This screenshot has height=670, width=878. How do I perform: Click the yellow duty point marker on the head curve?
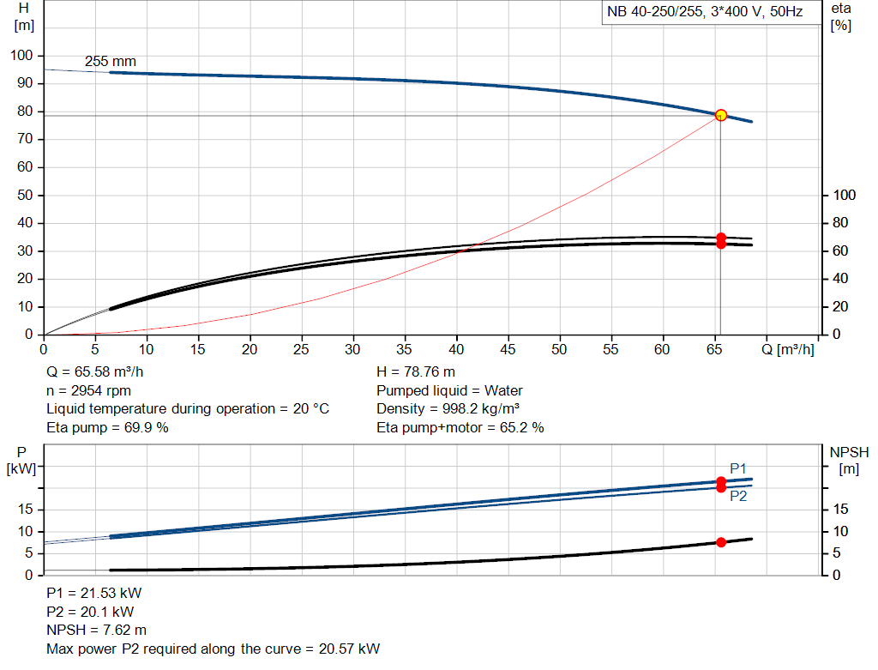pos(720,115)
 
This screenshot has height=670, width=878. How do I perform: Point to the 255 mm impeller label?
pos(110,62)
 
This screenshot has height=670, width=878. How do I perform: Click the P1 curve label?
pos(738,468)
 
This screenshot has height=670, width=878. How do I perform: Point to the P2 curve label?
pos(738,496)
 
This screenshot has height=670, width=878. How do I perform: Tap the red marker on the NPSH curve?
pos(721,542)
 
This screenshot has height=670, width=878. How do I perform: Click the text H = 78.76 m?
pos(416,372)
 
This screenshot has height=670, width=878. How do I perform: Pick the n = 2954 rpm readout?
pos(88,390)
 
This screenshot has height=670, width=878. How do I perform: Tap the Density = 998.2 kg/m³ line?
pos(448,408)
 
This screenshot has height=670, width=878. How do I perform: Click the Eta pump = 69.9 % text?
pos(107,427)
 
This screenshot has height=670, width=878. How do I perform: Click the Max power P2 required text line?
pos(213,649)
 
